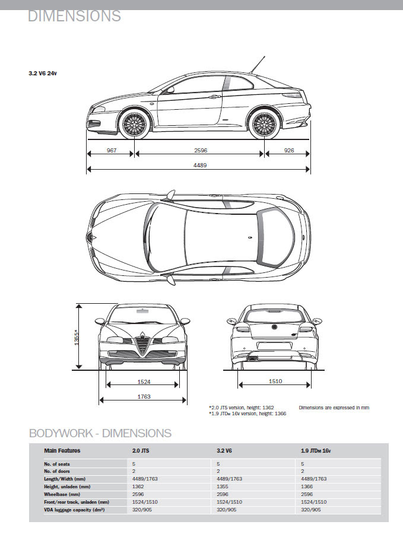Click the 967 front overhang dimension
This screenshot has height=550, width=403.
point(112,151)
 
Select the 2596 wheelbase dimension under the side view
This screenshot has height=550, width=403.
point(201,151)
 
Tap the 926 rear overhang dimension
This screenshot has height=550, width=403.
point(289,151)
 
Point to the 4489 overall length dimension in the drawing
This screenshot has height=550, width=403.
point(200,165)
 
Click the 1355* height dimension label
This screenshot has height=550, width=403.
point(77,337)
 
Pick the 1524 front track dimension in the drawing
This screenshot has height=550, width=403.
point(144,381)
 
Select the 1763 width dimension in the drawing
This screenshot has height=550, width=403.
point(144,397)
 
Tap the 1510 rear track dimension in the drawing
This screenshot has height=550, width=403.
point(275,381)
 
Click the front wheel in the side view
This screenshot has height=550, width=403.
point(135,124)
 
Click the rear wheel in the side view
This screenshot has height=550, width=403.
point(264,124)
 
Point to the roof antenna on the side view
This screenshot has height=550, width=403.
point(257,65)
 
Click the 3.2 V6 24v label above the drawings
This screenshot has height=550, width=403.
point(43,74)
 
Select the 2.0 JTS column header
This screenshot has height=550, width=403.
point(141,451)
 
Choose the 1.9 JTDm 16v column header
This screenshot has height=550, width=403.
point(316,451)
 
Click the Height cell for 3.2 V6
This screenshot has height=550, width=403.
point(223,487)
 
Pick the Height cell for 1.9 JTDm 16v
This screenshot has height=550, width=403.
point(307,487)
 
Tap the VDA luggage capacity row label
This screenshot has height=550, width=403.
point(74,510)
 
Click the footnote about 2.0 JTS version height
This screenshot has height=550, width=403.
point(242,408)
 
